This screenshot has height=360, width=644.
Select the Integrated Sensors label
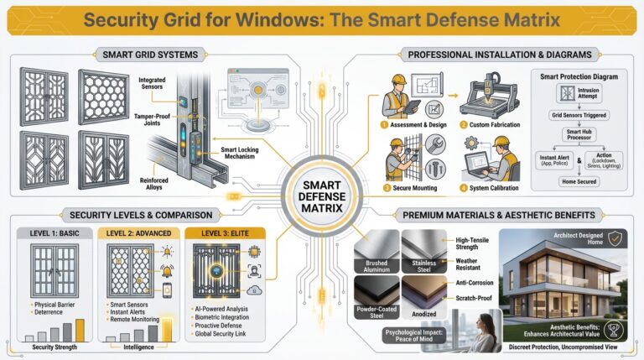pyautogui.click(x=155, y=83)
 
